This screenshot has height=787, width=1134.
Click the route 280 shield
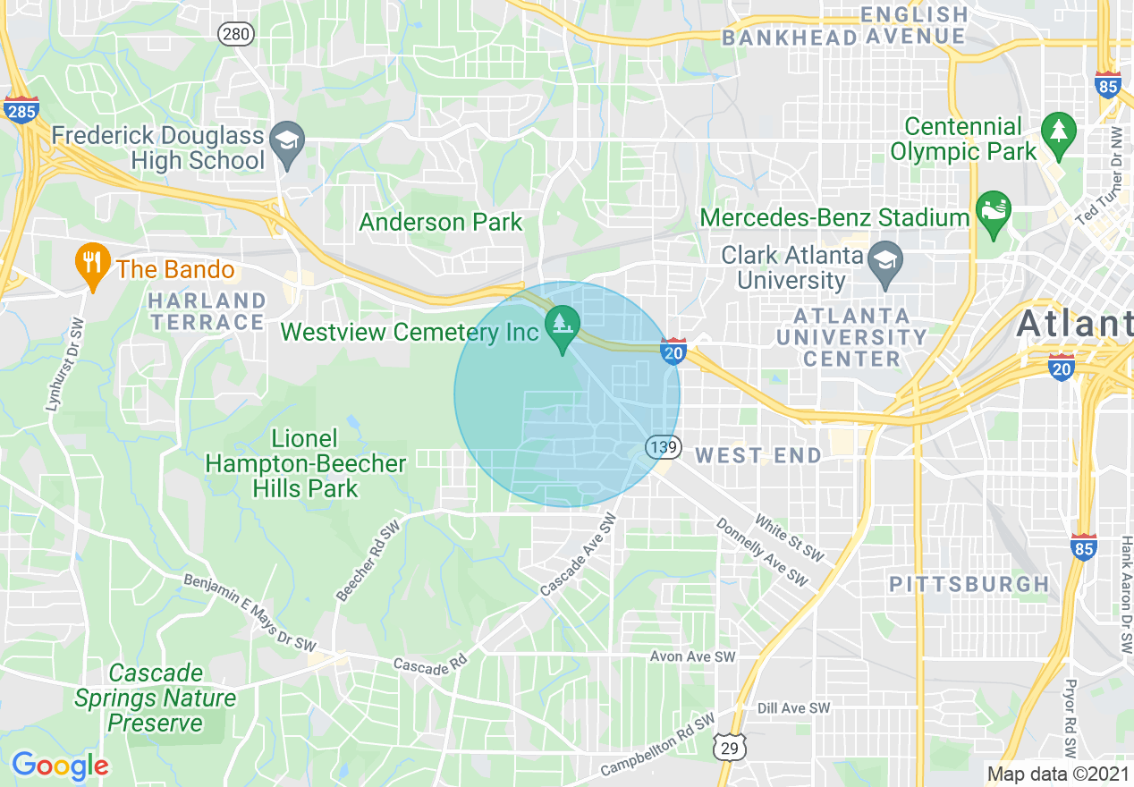tap(236, 35)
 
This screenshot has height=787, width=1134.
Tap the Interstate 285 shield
tap(21, 108)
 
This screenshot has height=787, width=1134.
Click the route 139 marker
tap(664, 446)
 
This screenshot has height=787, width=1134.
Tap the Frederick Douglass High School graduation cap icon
tap(288, 140)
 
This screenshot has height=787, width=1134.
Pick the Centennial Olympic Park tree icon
tap(1059, 131)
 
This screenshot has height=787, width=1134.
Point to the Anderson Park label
tap(440, 222)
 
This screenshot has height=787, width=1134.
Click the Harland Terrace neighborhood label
tap(207, 311)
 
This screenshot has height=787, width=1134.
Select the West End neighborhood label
tap(758, 456)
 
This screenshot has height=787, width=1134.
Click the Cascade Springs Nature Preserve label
tap(156, 698)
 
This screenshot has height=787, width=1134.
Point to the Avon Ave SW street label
tap(692, 656)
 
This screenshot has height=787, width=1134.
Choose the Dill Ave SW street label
tap(793, 708)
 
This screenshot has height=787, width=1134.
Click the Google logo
tap(60, 766)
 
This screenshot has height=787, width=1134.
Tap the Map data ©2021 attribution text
tap(1056, 774)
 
